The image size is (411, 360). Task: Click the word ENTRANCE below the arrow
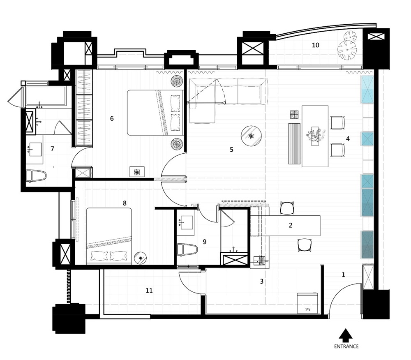point(346,346)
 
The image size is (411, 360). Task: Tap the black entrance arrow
point(346,335)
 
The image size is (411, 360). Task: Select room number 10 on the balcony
point(316,45)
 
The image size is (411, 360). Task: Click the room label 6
point(112,118)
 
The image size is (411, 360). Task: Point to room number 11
point(149,291)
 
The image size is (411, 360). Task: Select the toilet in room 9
point(187,250)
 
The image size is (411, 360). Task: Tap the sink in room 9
point(186,222)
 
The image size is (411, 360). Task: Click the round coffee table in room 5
point(252,136)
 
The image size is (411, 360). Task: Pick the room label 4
point(348,138)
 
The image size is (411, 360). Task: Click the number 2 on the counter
point(291,225)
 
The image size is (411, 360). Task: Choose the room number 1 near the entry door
point(343,275)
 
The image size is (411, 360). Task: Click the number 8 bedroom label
point(125,203)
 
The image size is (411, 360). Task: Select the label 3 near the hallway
point(261,282)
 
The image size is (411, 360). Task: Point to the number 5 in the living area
point(231,150)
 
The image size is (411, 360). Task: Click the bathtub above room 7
point(46,96)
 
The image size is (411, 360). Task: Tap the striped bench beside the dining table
point(294,144)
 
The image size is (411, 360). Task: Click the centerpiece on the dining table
point(315,135)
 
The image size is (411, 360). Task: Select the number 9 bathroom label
point(204,242)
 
